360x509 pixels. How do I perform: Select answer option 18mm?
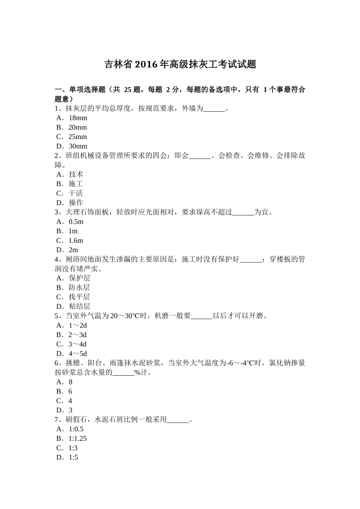click(x=78, y=118)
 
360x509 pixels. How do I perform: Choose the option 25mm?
click(x=77, y=137)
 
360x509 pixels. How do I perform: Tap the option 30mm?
click(x=78, y=146)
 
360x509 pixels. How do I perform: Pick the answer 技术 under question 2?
click(x=76, y=174)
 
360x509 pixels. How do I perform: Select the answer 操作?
click(x=76, y=203)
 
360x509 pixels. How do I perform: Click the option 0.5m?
click(x=76, y=222)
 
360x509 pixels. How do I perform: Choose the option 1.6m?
click(x=76, y=240)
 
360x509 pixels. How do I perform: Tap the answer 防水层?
click(x=79, y=287)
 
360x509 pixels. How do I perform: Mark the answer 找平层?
click(x=79, y=297)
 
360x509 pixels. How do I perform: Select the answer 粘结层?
click(x=79, y=306)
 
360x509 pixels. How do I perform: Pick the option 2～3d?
click(x=77, y=335)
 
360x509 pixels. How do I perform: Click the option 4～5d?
click(x=77, y=354)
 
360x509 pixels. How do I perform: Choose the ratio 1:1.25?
click(x=77, y=439)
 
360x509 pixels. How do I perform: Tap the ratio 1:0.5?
click(x=76, y=429)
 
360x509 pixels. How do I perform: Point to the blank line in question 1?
click(x=214, y=109)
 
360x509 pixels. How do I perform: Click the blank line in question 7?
click(x=178, y=420)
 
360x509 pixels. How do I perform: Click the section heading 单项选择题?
click(x=87, y=90)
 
